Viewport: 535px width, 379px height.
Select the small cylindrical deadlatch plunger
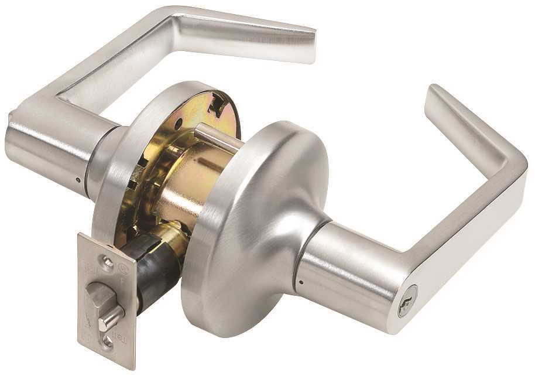[111, 319]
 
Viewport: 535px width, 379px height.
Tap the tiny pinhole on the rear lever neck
[78, 180]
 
